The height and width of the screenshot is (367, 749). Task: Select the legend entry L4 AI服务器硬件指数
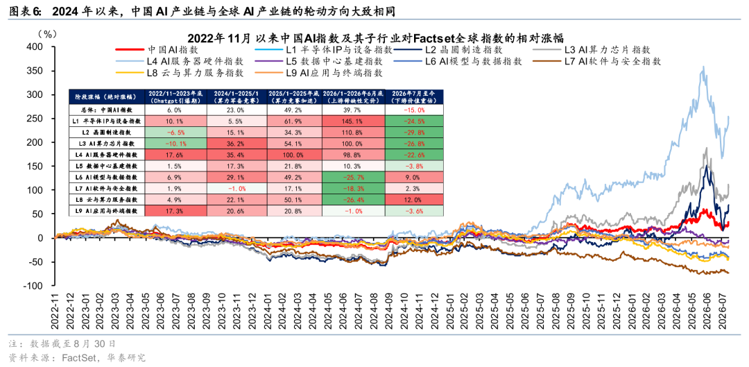180,61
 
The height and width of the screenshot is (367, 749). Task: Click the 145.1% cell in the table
353,121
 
